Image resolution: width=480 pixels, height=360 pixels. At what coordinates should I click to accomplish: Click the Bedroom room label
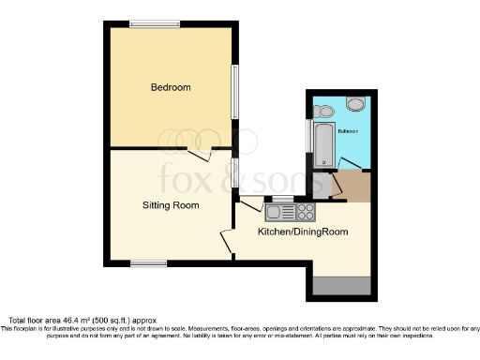pyautogui.click(x=171, y=88)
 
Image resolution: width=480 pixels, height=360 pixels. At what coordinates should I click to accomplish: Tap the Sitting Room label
pyautogui.click(x=170, y=204)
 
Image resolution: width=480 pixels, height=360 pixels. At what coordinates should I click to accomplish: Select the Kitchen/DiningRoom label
pyautogui.click(x=290, y=232)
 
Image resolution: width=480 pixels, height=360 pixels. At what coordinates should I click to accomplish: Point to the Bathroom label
pyautogui.click(x=349, y=131)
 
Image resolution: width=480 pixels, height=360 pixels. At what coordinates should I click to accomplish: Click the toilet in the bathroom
pyautogui.click(x=323, y=111)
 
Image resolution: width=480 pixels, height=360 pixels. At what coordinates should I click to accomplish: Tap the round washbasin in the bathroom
pyautogui.click(x=356, y=104)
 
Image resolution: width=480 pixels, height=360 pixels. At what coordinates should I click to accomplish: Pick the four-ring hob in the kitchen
pyautogui.click(x=306, y=210)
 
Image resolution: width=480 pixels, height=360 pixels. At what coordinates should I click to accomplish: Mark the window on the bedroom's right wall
pyautogui.click(x=234, y=90)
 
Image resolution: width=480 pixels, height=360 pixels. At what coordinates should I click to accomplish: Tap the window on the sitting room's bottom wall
pyautogui.click(x=148, y=263)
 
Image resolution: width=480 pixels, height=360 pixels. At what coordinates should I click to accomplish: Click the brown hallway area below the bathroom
pyautogui.click(x=352, y=187)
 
